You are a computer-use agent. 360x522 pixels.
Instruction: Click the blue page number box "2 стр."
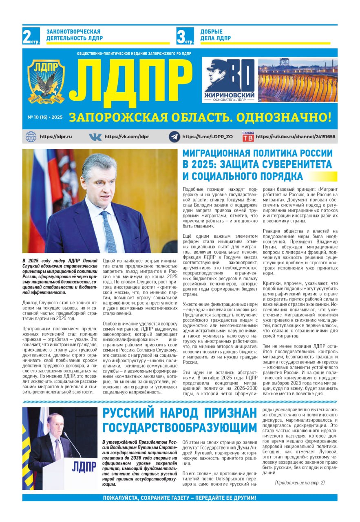[31, 36]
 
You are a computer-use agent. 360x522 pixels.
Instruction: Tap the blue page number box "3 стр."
[185, 36]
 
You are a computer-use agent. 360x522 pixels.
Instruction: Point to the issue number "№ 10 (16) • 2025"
[45, 117]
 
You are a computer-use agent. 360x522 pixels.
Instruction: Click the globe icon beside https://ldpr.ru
[31, 137]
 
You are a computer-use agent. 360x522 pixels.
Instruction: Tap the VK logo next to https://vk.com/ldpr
[95, 137]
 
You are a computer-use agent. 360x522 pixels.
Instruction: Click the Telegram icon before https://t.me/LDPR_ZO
[174, 137]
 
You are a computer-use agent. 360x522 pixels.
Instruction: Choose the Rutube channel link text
[296, 137]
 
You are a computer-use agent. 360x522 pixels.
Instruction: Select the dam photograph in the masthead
[298, 80]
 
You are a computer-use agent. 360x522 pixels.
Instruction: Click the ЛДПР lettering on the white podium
[84, 467]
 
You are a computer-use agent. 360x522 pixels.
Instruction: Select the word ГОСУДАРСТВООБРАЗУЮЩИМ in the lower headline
[179, 427]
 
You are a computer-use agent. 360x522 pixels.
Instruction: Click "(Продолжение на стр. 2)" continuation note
[300, 483]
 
